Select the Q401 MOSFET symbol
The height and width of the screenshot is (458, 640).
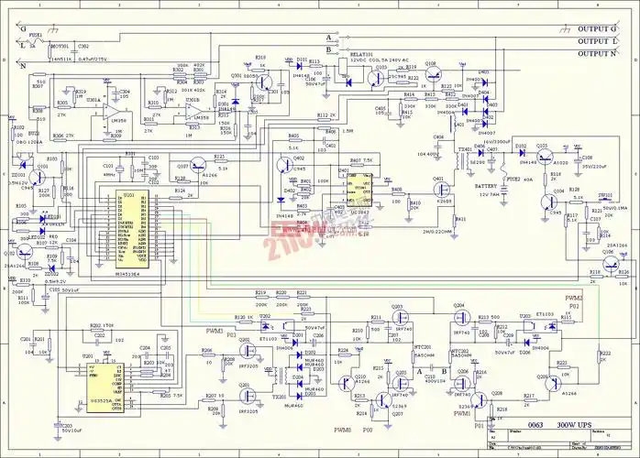click(x=443, y=191)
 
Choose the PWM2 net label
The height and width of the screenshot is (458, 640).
click(x=574, y=299)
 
